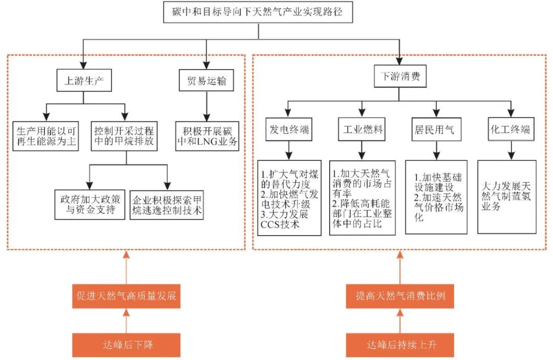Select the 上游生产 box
84,80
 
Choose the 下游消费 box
400,77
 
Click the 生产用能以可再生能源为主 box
46,136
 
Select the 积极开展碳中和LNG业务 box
207,136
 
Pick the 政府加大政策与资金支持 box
90,204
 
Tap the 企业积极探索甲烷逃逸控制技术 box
167,204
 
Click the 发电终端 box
289,130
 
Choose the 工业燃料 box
362,130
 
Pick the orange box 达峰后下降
126,345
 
